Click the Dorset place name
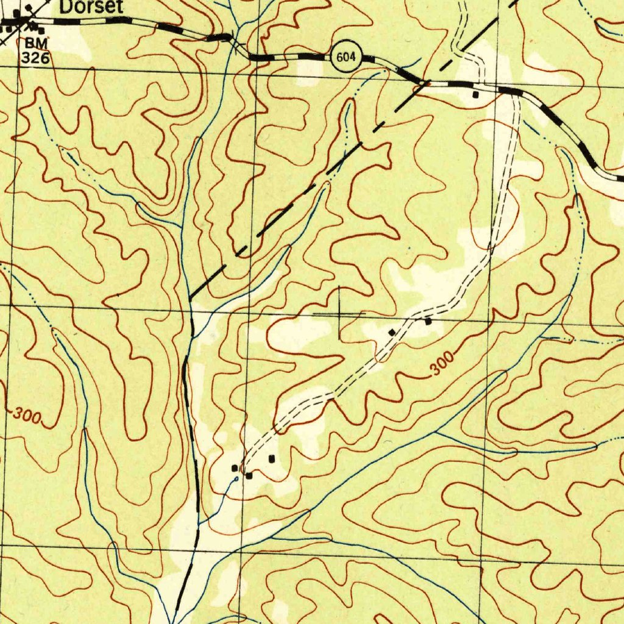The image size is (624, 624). click(x=91, y=7)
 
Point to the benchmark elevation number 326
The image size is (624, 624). click(x=34, y=58)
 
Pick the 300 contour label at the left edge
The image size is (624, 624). click(x=28, y=416)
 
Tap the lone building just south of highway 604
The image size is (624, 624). click(x=475, y=94)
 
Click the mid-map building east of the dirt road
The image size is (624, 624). click(x=428, y=321)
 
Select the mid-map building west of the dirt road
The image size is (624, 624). click(x=392, y=331)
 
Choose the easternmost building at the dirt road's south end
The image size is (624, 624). click(x=272, y=458)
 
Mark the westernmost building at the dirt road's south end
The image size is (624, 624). click(x=234, y=468)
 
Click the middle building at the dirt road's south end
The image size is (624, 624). click(x=249, y=475)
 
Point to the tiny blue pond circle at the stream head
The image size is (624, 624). click(x=236, y=479)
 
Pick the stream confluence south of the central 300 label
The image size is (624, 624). click(x=437, y=432)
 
